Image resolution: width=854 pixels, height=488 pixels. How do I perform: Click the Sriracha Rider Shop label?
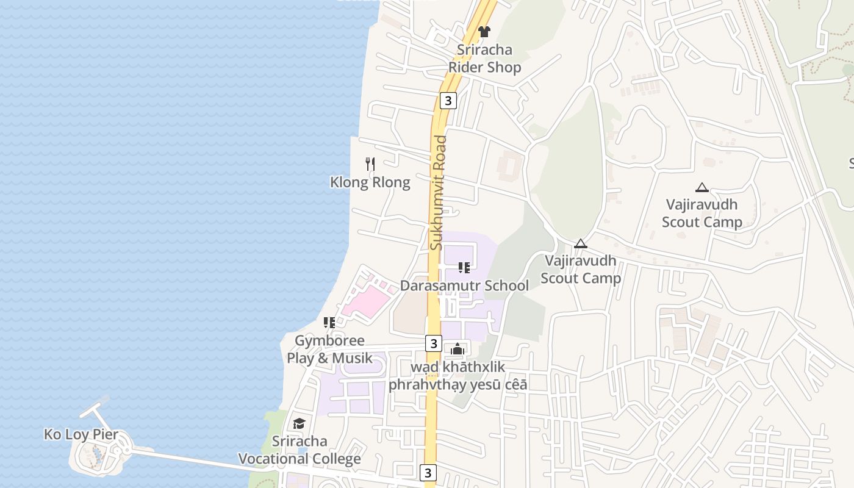pyautogui.click(x=485, y=59)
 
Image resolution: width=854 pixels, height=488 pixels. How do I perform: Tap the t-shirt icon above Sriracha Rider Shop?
pyautogui.click(x=484, y=32)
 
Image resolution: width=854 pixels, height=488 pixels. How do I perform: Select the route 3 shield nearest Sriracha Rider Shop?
pyautogui.click(x=448, y=101)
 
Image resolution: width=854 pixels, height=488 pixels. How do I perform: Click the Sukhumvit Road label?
pyautogui.click(x=438, y=192)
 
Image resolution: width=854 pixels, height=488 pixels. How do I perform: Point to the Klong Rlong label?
pyautogui.click(x=370, y=182)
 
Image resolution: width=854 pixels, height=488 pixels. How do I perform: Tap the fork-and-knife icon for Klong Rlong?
pyautogui.click(x=370, y=163)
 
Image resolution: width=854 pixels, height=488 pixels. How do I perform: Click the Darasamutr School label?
pyautogui.click(x=464, y=285)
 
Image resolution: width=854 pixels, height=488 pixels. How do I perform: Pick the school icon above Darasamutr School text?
pyautogui.click(x=464, y=268)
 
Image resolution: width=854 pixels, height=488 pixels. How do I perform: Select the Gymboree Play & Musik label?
pyautogui.click(x=329, y=350)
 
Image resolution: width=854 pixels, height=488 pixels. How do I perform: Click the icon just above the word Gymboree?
pyautogui.click(x=329, y=323)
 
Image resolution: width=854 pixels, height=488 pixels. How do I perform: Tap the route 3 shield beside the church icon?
pyautogui.click(x=433, y=343)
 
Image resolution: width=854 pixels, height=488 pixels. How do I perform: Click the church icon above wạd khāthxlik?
pyautogui.click(x=457, y=349)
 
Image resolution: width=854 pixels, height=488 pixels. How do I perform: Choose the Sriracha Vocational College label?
pyautogui.click(x=300, y=450)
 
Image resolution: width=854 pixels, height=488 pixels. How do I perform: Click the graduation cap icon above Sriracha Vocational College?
pyautogui.click(x=299, y=423)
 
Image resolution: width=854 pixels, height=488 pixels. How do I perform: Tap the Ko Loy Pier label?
pyautogui.click(x=81, y=435)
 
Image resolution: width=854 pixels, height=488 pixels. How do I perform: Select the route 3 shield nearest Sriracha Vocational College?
pyautogui.click(x=428, y=472)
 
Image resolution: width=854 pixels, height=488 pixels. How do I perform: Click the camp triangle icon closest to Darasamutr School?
pyautogui.click(x=581, y=243)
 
